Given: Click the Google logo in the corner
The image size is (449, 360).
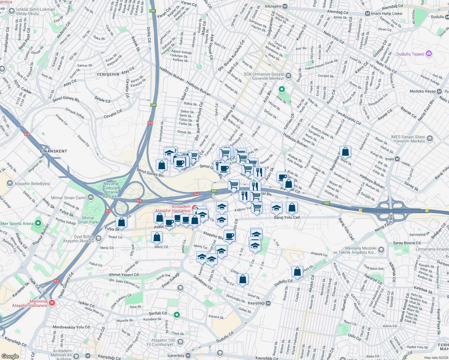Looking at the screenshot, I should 10,356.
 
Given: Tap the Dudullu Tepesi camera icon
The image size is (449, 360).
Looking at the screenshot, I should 429,54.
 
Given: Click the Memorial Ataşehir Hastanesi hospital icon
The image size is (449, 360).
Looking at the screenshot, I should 52,303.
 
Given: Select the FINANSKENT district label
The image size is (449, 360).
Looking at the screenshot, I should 53,151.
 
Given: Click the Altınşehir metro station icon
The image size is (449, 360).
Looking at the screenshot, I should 285,6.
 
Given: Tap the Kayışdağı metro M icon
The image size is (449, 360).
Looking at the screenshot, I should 268,303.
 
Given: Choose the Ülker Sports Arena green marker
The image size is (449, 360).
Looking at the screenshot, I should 38,223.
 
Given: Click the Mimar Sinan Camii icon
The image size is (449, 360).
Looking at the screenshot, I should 91,197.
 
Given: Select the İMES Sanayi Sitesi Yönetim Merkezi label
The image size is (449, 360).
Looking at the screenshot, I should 408,139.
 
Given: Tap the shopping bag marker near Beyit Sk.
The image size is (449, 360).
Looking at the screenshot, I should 345,152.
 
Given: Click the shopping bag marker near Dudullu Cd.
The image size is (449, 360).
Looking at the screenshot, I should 297,272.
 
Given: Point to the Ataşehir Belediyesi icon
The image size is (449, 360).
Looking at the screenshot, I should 10,183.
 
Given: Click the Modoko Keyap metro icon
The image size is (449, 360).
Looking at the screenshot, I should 439,91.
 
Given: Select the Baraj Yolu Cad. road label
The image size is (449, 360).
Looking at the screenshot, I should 287,217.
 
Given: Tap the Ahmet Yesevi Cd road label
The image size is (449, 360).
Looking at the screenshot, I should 124,274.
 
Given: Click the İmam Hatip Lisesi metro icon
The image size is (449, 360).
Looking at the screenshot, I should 367,13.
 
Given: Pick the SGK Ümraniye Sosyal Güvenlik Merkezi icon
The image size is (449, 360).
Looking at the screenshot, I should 288,75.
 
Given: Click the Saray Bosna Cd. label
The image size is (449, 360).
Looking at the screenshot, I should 407,243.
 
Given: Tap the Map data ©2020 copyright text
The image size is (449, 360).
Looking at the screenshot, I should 435,358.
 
